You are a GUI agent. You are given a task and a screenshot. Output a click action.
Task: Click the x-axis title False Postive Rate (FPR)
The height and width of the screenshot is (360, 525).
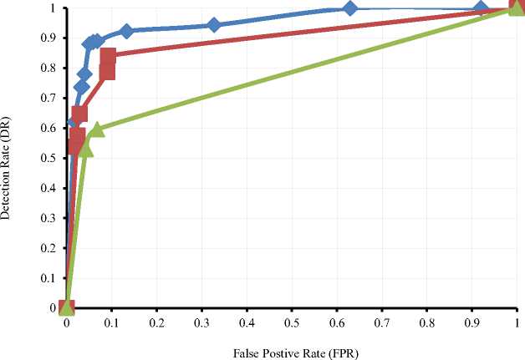tap(290, 351)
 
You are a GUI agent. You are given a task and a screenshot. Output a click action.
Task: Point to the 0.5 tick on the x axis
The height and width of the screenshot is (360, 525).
tap(292, 323)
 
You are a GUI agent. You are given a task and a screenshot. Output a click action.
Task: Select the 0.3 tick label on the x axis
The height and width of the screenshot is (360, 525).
tap(201, 323)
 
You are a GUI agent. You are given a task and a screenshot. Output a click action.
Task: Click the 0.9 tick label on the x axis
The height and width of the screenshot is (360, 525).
tap(472, 323)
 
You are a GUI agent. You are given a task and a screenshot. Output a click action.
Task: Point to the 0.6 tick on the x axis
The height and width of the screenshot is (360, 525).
tap(337, 323)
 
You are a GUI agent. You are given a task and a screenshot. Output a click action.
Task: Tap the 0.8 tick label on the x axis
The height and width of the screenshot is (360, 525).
tap(427, 323)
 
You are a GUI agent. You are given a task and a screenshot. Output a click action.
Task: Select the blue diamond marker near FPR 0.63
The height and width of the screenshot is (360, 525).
tap(350, 8)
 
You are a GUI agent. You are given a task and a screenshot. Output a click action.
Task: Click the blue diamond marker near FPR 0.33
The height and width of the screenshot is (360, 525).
tap(214, 25)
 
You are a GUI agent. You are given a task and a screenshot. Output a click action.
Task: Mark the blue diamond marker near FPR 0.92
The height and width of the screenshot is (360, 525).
tap(481, 9)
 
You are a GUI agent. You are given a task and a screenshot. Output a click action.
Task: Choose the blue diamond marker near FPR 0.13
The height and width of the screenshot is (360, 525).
tap(126, 31)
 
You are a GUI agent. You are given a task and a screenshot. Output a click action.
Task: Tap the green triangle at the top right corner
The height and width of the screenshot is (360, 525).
tap(517, 8)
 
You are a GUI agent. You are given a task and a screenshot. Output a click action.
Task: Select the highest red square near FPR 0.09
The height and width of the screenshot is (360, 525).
tap(107, 57)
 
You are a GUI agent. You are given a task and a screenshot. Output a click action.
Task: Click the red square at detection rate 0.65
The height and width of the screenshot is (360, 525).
tap(79, 114)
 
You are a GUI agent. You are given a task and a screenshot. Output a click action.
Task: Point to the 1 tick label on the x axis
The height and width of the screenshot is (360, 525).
tap(517, 323)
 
